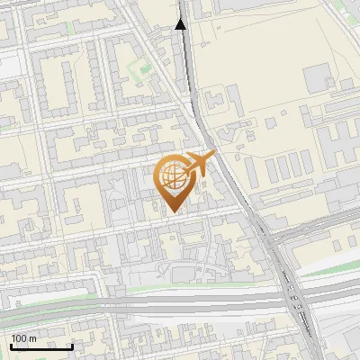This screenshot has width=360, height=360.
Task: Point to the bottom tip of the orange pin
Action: click(x=171, y=212)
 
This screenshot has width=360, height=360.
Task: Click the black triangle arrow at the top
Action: click(x=180, y=25)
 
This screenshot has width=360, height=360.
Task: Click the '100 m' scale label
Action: click(x=24, y=337)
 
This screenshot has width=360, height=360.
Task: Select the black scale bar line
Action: click(x=42, y=346)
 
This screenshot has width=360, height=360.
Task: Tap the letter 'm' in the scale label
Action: click(x=32, y=337)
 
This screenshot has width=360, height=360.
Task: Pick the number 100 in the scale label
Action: click(x=20, y=337)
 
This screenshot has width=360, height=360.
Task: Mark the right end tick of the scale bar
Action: click(x=72, y=345)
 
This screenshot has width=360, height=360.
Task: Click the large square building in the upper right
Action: click(x=319, y=78)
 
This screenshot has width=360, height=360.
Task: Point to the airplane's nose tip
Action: click(x=215, y=155)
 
